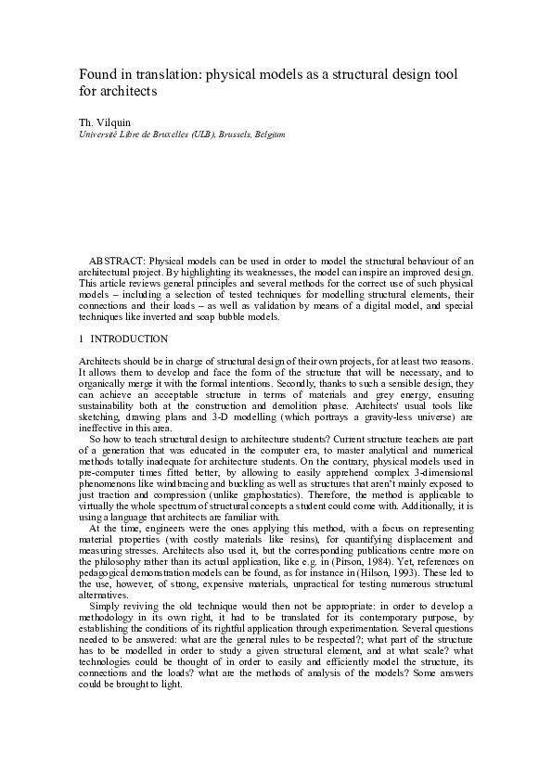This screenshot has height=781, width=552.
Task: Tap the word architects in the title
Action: tap(129, 92)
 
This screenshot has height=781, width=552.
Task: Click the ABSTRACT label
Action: tap(117, 262)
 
